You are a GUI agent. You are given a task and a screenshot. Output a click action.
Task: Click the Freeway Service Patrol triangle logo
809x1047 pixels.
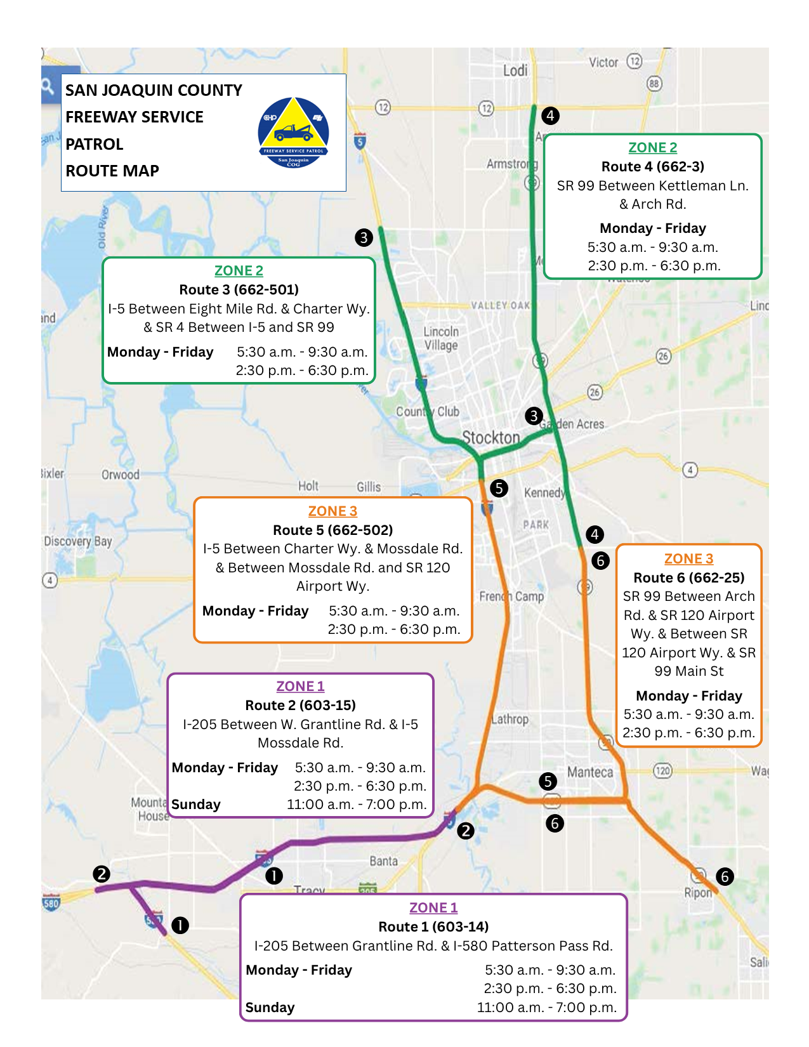click(x=293, y=131)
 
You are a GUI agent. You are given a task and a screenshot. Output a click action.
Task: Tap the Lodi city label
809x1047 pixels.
click(x=515, y=70)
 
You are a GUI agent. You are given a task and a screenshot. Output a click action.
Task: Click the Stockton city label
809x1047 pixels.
click(x=490, y=437)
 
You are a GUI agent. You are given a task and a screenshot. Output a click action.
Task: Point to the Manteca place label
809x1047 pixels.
click(x=590, y=772)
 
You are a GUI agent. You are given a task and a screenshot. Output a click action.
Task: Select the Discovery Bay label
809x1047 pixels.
click(x=77, y=541)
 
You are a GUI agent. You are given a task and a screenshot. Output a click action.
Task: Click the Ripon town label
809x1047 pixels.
click(x=698, y=892)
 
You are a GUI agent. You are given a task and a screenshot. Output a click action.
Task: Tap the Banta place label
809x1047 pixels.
click(x=383, y=861)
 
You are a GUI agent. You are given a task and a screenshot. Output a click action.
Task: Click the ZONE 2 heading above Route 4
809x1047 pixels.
click(x=652, y=147)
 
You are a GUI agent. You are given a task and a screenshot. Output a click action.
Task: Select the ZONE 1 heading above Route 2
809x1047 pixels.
click(x=300, y=686)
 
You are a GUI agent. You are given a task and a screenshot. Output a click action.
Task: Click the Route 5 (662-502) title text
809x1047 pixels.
click(x=332, y=530)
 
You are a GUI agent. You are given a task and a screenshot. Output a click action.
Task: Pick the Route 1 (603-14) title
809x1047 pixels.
click(x=433, y=926)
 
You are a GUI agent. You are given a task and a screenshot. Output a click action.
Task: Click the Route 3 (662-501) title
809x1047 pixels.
click(x=239, y=289)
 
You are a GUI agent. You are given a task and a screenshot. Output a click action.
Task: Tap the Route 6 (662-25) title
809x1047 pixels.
click(x=688, y=577)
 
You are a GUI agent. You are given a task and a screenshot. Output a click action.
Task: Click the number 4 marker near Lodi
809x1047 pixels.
click(x=550, y=115)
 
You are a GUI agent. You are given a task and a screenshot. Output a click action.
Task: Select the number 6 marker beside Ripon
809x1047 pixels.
click(x=725, y=877)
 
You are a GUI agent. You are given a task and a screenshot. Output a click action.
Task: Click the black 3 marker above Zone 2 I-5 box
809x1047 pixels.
click(x=364, y=237)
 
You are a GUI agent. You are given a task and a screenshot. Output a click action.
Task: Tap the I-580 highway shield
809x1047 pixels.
click(x=51, y=902)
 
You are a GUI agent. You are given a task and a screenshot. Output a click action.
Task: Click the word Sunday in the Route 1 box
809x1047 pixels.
click(x=270, y=1007)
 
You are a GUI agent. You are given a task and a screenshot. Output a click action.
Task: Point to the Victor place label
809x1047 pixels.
click(x=603, y=62)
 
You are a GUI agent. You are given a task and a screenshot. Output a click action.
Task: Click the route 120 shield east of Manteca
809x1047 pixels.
click(x=662, y=771)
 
